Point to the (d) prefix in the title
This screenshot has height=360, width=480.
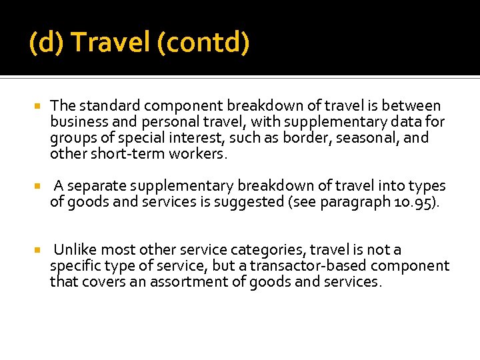pos(47,43)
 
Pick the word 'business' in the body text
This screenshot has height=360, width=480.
pos(77,122)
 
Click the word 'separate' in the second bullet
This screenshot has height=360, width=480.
pos(96,186)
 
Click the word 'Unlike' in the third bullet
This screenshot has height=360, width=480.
pos(74,250)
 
